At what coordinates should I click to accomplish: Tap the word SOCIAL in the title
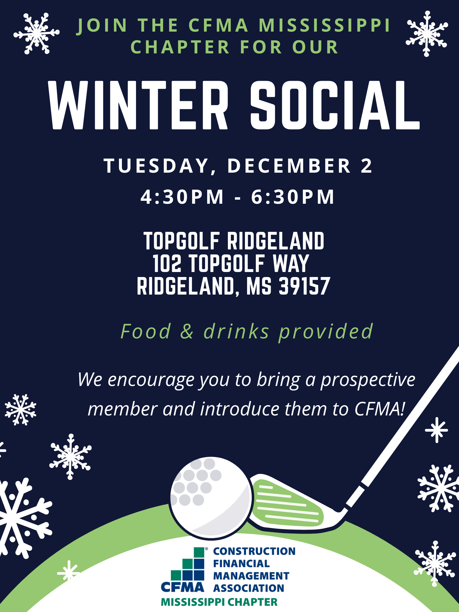[335, 105]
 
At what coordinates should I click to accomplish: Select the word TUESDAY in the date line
[157, 166]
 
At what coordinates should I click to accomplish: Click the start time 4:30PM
[182, 197]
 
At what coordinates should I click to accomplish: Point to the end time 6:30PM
[293, 197]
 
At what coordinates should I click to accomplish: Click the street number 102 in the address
[167, 263]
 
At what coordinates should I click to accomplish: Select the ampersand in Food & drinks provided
[187, 331]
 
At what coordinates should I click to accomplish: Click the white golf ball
[211, 498]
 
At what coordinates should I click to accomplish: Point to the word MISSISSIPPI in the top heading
[325, 25]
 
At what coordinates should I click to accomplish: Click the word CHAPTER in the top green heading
[180, 47]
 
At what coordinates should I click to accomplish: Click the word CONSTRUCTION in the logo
[254, 551]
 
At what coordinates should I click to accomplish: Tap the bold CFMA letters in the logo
[182, 587]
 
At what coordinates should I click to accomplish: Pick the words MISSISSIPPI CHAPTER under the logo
[219, 602]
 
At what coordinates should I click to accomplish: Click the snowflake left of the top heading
[36, 33]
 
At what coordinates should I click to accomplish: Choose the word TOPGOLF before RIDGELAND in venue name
[182, 241]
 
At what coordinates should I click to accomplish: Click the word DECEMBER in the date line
[289, 166]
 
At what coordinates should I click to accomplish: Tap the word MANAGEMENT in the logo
[251, 576]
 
